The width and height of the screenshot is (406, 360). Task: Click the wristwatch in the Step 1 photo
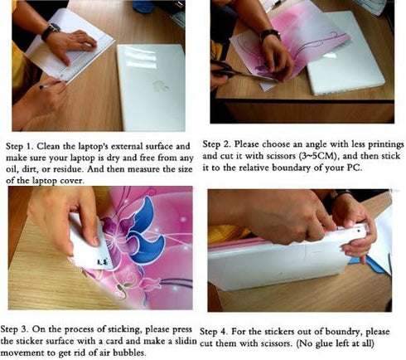coord(51,32)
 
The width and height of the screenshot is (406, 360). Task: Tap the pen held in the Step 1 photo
coord(49,85)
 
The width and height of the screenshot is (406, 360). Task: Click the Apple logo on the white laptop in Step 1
coord(160,85)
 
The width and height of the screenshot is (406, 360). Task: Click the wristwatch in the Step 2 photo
coord(269,35)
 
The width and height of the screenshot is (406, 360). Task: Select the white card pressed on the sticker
coord(89,244)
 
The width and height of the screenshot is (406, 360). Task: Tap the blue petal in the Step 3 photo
coord(143,231)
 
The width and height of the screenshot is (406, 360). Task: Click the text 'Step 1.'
coord(20,146)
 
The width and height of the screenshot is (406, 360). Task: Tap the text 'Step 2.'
coord(217,144)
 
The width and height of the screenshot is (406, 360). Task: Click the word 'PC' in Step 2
coord(354,168)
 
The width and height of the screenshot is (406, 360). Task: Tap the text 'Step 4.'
coord(213,331)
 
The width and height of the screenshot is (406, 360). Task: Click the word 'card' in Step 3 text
coord(114,341)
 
